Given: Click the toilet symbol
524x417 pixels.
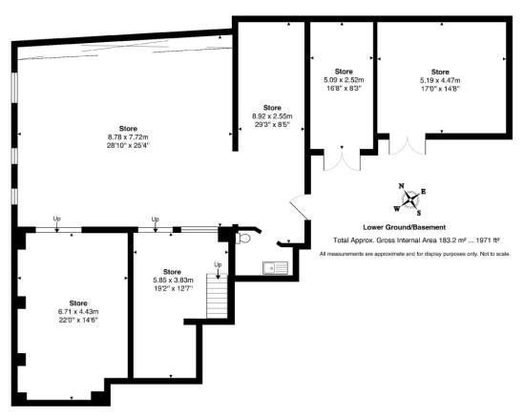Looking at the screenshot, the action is coord(243,239).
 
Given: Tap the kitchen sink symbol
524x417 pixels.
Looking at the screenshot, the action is coord(275,268).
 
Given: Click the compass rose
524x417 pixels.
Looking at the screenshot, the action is coord(409,199).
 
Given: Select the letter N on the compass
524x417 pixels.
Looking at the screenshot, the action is coord(402,186).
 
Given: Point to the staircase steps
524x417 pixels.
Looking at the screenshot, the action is coord(217,296).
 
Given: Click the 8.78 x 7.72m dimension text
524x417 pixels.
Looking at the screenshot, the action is coord(128,137).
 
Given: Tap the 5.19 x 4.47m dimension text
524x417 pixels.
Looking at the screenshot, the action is coord(440,80).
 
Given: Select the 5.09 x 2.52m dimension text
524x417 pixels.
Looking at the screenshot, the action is coord(344,80).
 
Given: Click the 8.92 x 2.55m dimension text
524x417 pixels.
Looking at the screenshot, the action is coord(272,116).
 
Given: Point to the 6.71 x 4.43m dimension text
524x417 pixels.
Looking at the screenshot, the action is coord(78,312).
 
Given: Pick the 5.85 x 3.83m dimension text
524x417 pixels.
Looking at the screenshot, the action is coord(173,281).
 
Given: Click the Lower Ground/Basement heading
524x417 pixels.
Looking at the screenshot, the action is coord(405,227).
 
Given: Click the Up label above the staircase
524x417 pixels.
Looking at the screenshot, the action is coord(218,264).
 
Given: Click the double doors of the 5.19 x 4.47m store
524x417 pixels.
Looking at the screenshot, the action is coord(408,144).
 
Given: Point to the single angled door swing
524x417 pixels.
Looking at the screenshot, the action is coord(300,206).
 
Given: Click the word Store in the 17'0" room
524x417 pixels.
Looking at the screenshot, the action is coord(440,72).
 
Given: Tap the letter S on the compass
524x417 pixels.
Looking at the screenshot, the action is coord(419,213).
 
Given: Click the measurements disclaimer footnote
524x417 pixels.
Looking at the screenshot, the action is coord(415,254).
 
